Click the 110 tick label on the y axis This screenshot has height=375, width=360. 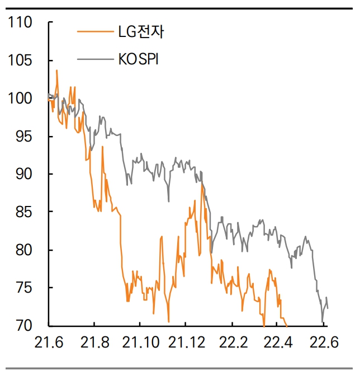click(21, 23)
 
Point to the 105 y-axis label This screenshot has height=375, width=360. click(21, 60)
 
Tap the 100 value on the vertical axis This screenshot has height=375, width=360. click(21, 99)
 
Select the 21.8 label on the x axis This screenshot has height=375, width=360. click(94, 341)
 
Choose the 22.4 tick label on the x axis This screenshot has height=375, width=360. click(278, 341)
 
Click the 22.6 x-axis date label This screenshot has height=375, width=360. click(324, 341)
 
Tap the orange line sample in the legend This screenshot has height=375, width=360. click(93, 31)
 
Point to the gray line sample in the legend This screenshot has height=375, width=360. click(93, 59)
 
